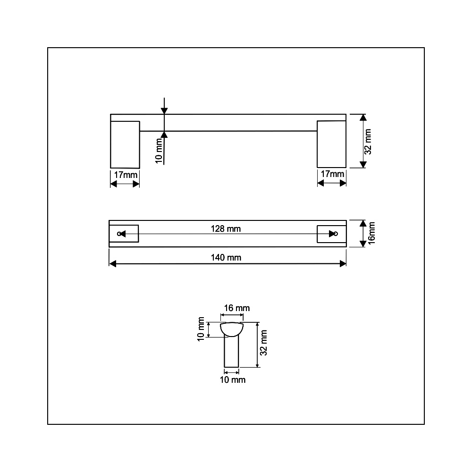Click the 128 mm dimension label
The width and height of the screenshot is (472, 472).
(x=226, y=229)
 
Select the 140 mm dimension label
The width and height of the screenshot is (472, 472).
(x=226, y=258)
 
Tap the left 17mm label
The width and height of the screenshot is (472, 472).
(x=126, y=175)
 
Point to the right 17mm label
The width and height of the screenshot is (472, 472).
(x=332, y=174)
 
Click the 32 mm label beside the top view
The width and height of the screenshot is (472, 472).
(x=368, y=142)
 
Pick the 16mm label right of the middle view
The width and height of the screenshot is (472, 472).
(x=371, y=233)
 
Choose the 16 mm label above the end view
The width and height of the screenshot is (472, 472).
(x=237, y=308)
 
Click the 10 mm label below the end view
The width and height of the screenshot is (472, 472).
(x=233, y=380)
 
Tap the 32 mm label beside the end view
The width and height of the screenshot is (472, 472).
(x=263, y=343)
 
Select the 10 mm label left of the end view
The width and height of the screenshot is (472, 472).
(x=201, y=329)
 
